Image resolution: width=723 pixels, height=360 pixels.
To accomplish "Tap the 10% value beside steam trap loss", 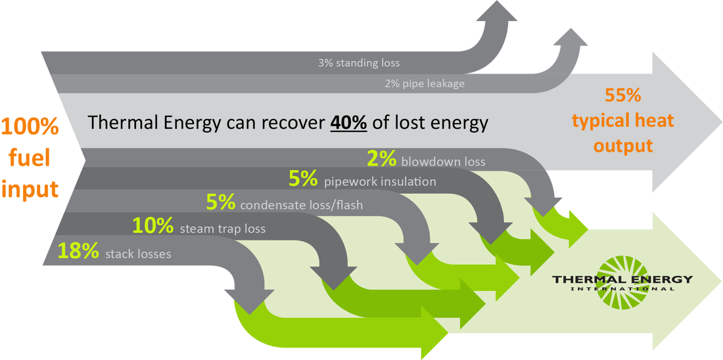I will click(x=153, y=226).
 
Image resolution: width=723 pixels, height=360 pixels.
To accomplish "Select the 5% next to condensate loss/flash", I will click(x=221, y=202).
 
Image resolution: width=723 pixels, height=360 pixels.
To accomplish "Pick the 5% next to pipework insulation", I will click(x=304, y=178).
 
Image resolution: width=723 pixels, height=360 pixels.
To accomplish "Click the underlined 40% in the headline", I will click(x=348, y=123).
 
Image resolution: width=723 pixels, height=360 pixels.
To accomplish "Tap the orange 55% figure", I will click(x=623, y=96).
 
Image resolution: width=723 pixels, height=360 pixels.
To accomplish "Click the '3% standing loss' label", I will click(x=358, y=64).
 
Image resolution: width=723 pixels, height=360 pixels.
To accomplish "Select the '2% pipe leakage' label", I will click(x=425, y=83).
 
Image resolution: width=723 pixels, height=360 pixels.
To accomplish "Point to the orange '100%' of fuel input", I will click(x=30, y=127).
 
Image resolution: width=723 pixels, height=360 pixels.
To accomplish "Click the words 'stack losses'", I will click(x=138, y=254).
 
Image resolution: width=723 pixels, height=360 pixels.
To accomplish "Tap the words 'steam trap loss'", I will click(x=217, y=229).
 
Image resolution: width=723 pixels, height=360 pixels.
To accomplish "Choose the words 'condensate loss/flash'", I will click(x=302, y=205).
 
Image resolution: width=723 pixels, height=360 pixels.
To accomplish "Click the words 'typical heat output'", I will click(x=623, y=133).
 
